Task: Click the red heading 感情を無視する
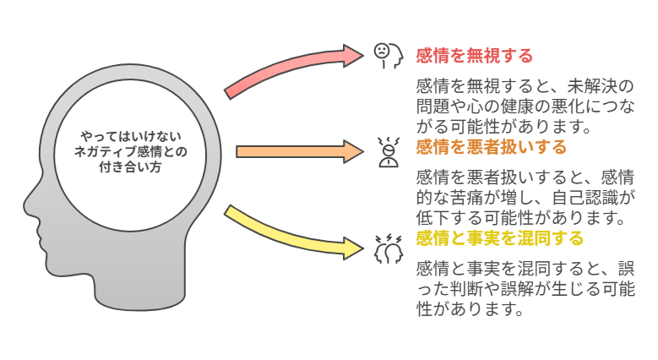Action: click(x=474, y=56)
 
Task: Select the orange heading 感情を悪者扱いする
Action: click(x=491, y=147)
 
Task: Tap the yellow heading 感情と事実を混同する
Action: click(x=499, y=238)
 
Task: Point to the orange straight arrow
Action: click(x=300, y=151)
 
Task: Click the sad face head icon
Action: click(x=389, y=56)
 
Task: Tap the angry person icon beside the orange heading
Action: click(x=389, y=152)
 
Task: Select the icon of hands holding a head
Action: click(x=389, y=249)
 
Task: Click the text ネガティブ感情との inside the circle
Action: click(x=131, y=151)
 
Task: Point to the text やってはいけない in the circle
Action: click(x=131, y=136)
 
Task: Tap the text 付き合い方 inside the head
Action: click(x=131, y=167)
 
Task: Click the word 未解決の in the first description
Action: click(x=601, y=86)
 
